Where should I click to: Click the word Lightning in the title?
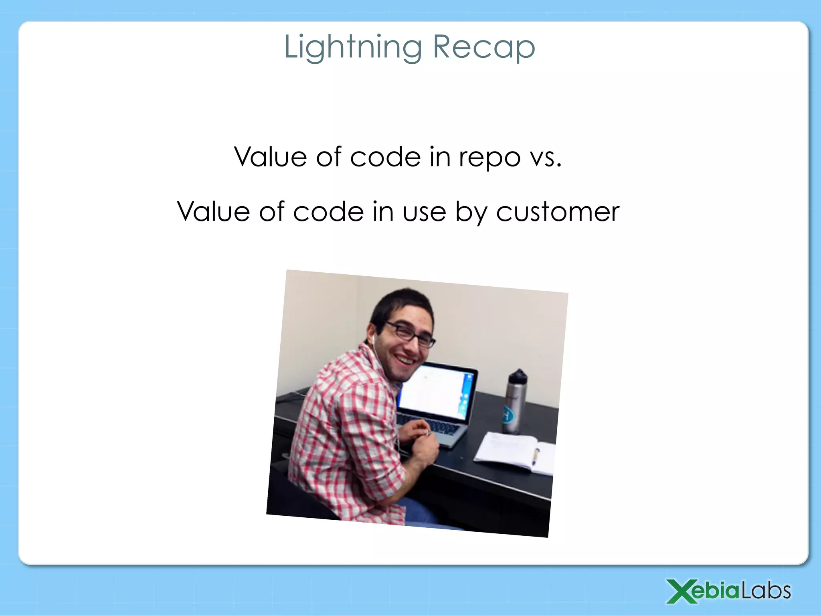tap(353, 47)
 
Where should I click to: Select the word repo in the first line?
tap(489, 157)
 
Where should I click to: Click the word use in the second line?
tap(424, 212)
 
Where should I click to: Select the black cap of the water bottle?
tap(518, 376)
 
